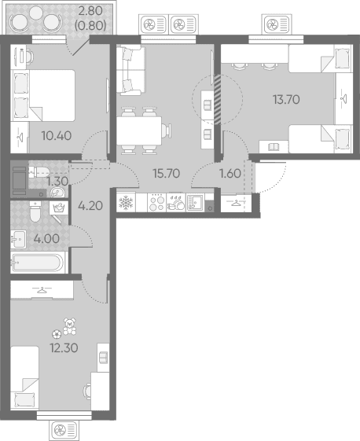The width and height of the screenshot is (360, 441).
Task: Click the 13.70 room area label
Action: (286, 100)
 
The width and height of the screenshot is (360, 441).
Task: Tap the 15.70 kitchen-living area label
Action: (167, 174)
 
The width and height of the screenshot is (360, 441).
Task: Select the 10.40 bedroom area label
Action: (57, 136)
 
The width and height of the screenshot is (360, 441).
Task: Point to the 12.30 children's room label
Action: (64, 348)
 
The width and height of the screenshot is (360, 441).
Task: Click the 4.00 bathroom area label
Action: (46, 239)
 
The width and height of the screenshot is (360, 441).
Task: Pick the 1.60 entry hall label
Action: (230, 174)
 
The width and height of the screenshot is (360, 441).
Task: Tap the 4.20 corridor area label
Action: (90, 206)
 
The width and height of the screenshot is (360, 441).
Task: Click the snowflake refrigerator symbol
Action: (126, 203)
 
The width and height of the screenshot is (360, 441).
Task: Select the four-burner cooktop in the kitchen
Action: (157, 203)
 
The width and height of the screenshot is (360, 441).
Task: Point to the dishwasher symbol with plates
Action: (176, 203)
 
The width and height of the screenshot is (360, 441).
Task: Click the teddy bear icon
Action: (69, 326)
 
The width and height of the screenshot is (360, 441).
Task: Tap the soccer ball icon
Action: (57, 334)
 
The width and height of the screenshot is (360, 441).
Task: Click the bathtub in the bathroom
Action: (37, 263)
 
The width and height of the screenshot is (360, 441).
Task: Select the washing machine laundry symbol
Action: (59, 208)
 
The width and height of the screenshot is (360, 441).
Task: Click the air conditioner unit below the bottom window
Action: (64, 430)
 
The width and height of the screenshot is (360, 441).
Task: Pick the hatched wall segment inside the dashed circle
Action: (218, 99)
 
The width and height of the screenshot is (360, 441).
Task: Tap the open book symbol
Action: (274, 147)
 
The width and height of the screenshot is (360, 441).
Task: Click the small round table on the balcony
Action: (35, 13)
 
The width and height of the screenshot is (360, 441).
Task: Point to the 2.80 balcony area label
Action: (90, 11)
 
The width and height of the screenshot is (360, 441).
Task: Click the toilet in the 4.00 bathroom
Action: (35, 211)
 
